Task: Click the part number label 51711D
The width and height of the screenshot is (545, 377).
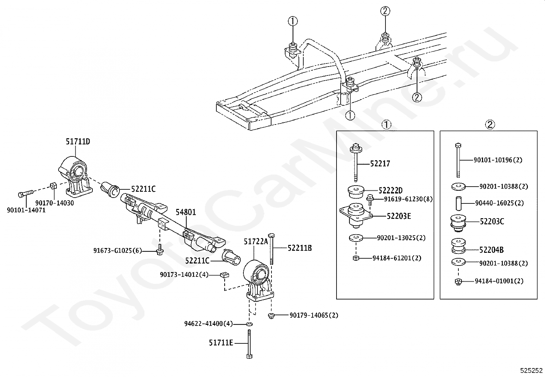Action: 78,141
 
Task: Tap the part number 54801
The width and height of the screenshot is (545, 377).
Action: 186,212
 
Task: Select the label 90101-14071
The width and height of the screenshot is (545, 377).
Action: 26,210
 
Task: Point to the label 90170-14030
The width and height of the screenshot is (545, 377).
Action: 54,203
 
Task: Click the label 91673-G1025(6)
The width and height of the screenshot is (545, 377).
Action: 117,250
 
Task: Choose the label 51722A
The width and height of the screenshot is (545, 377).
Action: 256,241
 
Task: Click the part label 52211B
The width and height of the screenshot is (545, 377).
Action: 300,248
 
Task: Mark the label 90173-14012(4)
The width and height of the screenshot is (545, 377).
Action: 184,274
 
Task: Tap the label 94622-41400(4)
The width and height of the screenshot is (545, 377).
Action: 208,323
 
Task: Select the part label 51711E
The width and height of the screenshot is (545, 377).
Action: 221,343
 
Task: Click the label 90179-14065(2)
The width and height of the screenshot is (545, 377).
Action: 314,315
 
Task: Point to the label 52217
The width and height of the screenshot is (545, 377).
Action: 380,163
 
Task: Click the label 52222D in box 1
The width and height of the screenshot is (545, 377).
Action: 391,190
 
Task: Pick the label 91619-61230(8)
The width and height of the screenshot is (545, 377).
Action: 408,199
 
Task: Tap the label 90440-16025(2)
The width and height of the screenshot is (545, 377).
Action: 499,203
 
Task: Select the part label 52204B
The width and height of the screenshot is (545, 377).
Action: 492,250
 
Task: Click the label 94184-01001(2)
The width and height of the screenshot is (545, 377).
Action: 499,281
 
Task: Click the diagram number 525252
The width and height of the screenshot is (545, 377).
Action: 531,371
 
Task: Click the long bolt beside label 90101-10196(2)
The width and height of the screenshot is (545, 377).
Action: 458,160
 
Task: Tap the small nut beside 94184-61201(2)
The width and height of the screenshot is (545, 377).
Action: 356,258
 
